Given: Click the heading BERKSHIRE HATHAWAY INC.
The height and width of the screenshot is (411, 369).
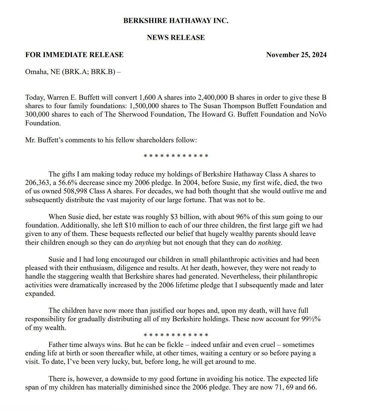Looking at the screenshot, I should point(176,21).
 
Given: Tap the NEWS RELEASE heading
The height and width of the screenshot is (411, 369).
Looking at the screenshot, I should point(176,37).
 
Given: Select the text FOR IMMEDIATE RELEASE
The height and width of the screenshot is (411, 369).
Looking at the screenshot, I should point(74,55).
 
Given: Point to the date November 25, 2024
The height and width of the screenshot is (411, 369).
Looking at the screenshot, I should point(296,55).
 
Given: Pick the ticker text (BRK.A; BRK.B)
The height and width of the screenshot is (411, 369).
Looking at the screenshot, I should point(88,73).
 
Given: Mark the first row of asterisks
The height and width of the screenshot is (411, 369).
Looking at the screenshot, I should point(176,156).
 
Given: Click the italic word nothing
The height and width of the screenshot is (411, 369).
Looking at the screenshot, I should point(269,242).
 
